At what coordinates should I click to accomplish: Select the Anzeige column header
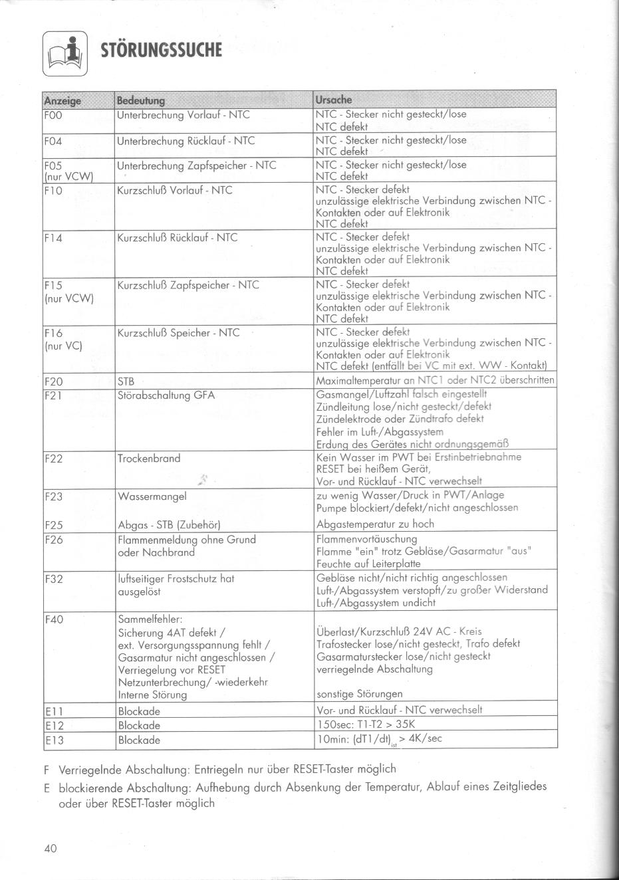(62, 100)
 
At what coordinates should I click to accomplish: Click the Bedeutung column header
(140, 100)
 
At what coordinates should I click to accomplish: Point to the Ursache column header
(334, 100)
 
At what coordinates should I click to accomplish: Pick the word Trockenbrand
(149, 459)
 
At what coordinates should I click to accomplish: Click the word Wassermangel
(152, 496)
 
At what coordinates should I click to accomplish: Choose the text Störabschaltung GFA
(166, 395)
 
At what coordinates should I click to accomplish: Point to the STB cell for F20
(126, 382)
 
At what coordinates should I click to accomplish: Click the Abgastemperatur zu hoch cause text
(375, 524)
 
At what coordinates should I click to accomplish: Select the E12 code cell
(53, 725)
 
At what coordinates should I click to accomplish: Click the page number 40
(51, 849)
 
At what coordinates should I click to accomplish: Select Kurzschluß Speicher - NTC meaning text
(178, 333)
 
